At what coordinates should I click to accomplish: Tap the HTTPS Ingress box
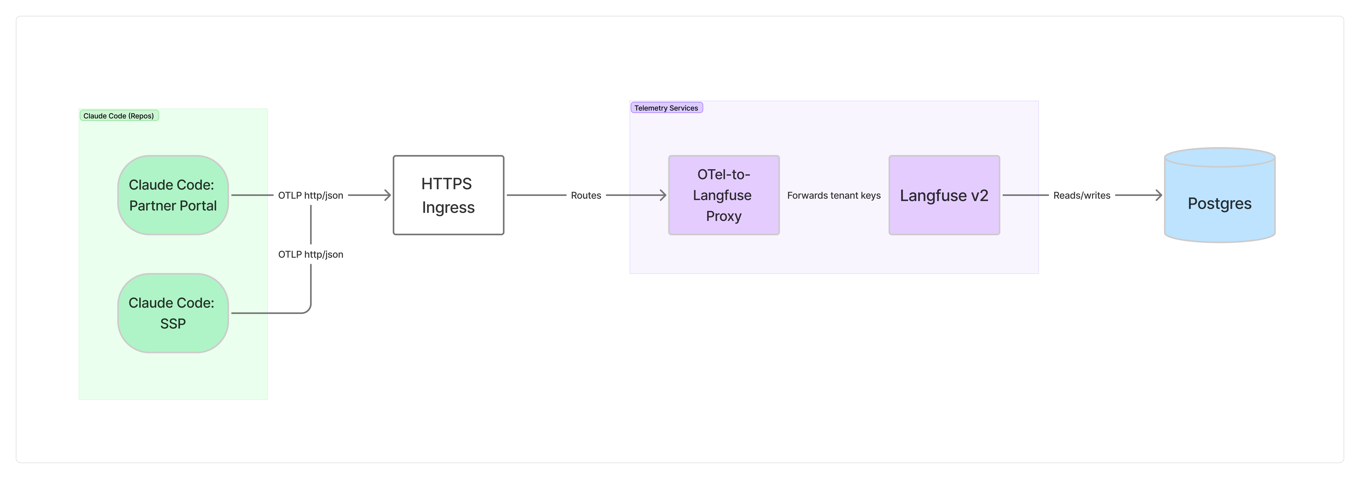(448, 195)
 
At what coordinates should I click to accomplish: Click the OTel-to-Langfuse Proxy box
(724, 195)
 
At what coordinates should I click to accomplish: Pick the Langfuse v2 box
(944, 195)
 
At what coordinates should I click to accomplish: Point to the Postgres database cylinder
(1220, 195)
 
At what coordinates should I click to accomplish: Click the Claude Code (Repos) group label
(119, 116)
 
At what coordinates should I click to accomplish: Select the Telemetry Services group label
(666, 108)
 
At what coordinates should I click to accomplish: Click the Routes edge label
(586, 195)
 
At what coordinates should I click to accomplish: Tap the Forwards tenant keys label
(834, 195)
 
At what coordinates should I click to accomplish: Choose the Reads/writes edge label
(1082, 195)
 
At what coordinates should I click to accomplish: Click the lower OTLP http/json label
(310, 255)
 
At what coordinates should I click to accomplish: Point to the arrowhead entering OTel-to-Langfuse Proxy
(663, 195)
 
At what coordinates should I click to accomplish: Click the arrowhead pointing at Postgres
(1159, 195)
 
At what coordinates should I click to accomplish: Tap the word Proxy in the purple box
(724, 216)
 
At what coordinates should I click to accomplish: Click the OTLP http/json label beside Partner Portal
(310, 195)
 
